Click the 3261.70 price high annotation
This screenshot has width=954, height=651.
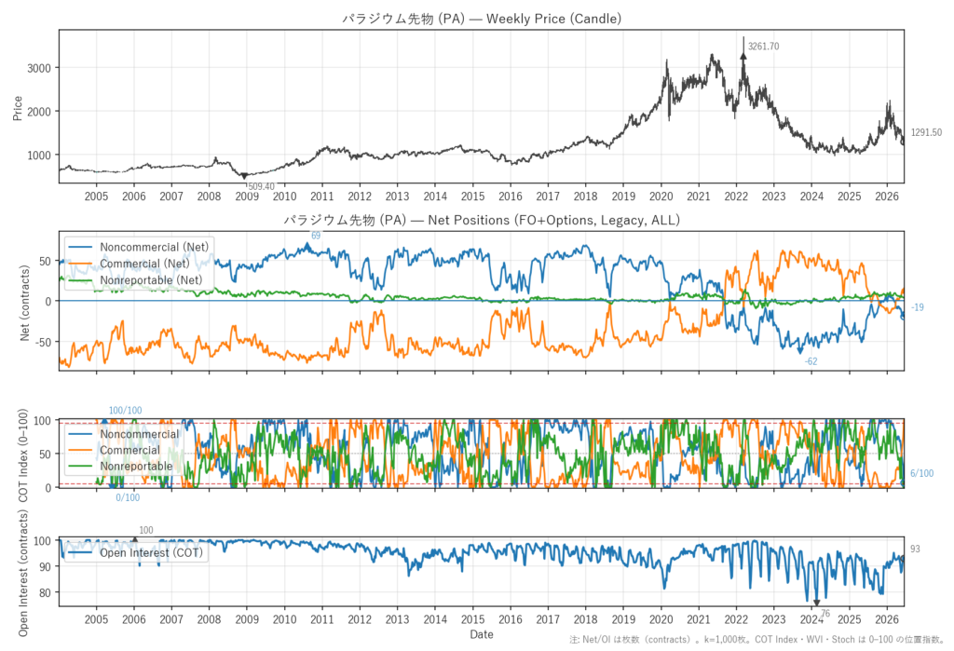click(763, 47)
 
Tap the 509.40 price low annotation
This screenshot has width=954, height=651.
click(261, 187)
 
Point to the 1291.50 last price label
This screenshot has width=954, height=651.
click(926, 132)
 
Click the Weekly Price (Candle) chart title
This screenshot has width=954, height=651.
click(482, 19)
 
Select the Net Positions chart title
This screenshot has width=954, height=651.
click(482, 220)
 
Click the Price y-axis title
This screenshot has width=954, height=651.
click(17, 108)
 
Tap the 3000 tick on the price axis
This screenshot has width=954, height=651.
click(39, 68)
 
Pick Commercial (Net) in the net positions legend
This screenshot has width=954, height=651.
click(144, 264)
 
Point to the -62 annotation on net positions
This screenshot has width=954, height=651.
click(811, 361)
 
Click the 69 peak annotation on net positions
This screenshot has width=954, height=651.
click(316, 236)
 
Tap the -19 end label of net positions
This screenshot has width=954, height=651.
click(917, 307)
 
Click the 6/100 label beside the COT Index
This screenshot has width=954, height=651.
click(921, 473)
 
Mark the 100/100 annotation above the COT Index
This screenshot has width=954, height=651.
click(126, 411)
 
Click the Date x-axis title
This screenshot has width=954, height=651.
click(482, 634)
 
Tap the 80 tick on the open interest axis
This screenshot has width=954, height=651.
click(45, 592)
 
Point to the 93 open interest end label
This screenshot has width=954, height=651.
click(915, 549)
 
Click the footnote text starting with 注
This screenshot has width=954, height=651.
click(756, 640)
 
